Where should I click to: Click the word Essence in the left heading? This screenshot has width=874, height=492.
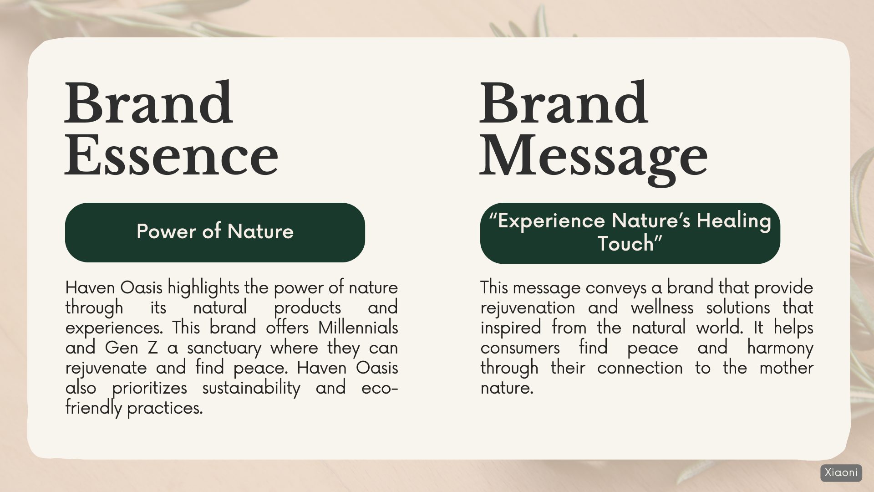point(172,155)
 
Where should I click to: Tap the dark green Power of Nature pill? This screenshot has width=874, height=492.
point(215,232)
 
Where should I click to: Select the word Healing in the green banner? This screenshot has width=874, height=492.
point(734,221)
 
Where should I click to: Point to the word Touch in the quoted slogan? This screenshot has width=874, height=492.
point(625,244)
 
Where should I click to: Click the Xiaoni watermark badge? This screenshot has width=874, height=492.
point(841,473)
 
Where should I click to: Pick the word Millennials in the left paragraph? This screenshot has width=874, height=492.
point(358,328)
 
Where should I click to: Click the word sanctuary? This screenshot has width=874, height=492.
point(224,348)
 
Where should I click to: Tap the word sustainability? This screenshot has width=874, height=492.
point(251,388)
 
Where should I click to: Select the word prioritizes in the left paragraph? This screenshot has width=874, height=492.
point(149,388)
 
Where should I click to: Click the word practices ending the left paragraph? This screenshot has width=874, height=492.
point(165,408)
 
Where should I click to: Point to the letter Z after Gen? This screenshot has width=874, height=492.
point(152,348)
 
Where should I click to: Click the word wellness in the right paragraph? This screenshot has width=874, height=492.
point(662,308)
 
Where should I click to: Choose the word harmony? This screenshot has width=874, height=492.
point(780,348)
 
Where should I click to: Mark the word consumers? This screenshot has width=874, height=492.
point(520,348)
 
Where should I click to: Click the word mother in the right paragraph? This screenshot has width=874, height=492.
point(786,368)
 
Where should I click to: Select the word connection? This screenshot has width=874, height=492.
point(640,368)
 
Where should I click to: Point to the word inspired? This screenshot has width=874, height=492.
point(511,328)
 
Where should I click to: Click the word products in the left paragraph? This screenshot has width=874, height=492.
point(307,308)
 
